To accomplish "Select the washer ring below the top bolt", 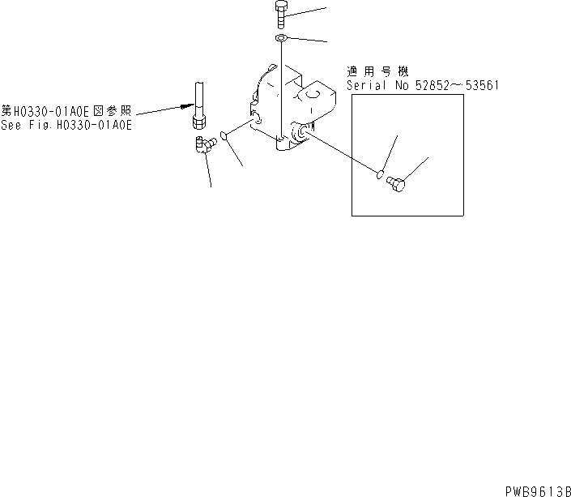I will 280,39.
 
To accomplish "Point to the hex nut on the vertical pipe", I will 199,122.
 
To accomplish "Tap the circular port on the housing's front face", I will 301,133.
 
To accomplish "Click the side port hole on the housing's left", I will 258,120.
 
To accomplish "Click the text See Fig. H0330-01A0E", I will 66,126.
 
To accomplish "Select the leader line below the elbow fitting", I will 210,172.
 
